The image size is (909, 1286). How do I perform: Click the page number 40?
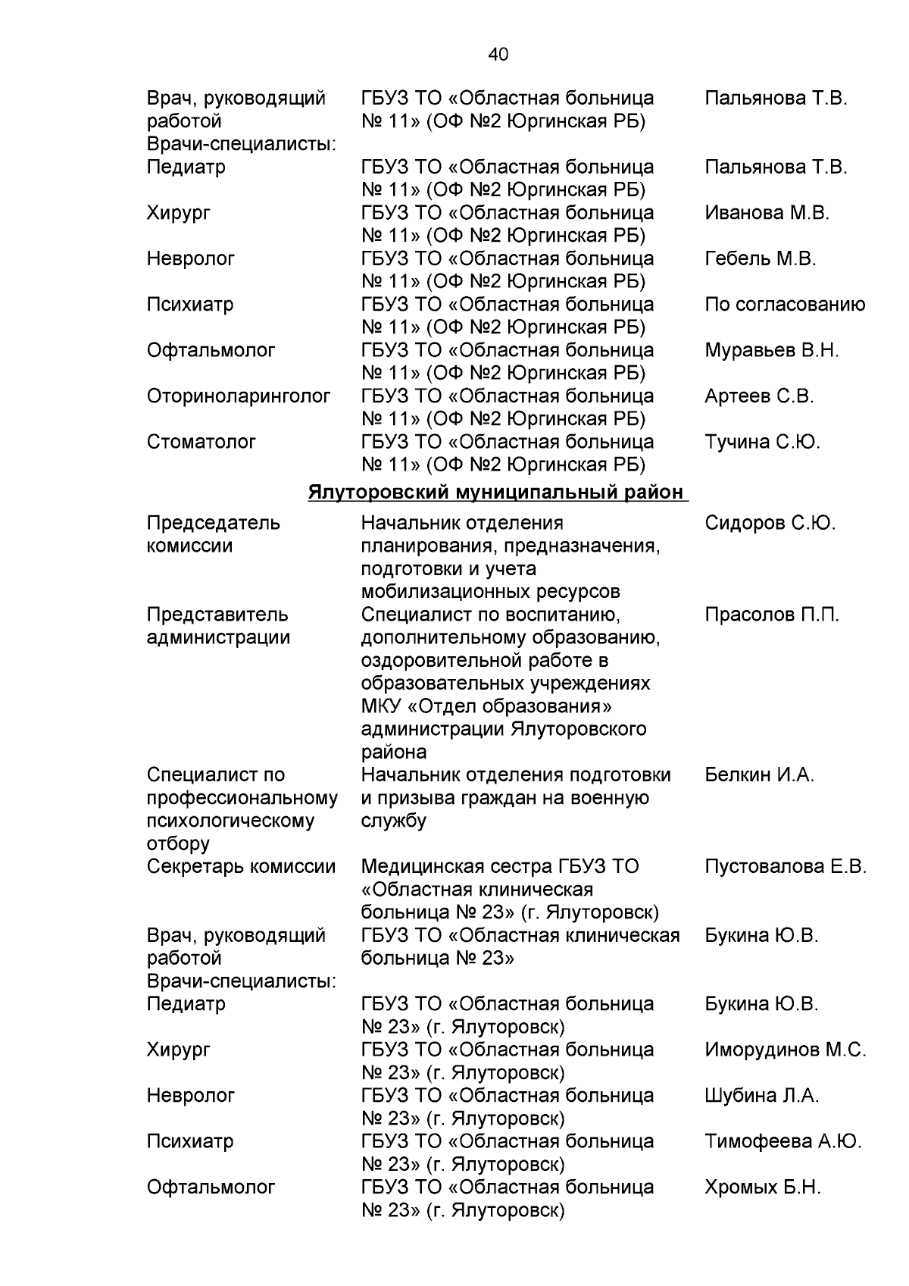498,54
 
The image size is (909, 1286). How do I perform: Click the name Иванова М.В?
767,213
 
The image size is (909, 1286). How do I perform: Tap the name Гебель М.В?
760,259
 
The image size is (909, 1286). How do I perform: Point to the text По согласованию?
784,305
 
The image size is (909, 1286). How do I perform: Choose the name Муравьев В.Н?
771,351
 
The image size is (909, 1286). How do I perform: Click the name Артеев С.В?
759,396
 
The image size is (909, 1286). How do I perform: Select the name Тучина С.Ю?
762,442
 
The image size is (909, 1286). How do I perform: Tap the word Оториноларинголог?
239,396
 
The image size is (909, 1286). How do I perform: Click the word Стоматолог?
201,442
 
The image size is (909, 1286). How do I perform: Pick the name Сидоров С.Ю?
770,523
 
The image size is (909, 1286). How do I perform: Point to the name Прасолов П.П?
771,615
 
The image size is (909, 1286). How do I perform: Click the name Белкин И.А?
759,775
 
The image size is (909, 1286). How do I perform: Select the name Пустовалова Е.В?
785,867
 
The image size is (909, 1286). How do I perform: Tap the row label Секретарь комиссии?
241,867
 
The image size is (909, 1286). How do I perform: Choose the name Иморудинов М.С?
785,1050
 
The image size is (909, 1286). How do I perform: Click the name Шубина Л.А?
761,1096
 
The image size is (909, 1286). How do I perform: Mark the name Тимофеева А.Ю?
782,1141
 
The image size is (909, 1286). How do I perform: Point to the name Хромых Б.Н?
762,1187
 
